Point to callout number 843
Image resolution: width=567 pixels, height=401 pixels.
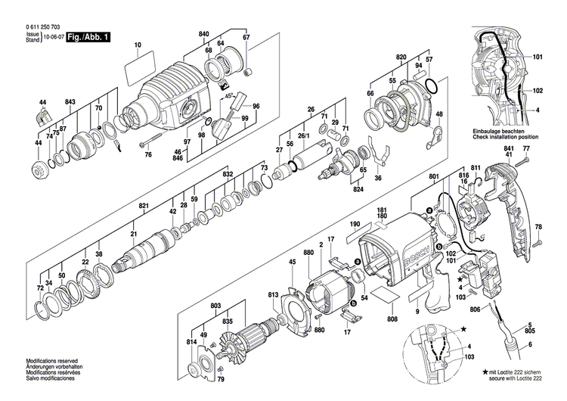(x=70, y=102)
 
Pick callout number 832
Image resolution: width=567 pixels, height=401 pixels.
(x=227, y=175)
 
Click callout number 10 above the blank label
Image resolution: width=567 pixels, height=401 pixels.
(x=138, y=45)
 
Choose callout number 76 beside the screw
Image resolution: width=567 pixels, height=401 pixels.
(x=148, y=155)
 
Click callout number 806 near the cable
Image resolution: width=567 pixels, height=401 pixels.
(x=475, y=311)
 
